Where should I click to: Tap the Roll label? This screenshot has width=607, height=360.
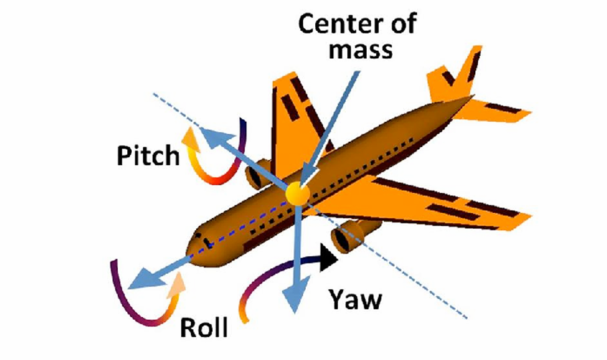point(203,327)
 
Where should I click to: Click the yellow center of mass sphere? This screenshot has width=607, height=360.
point(297,194)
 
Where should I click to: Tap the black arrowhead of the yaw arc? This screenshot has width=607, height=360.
point(327,257)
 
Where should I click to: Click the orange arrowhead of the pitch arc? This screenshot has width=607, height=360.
point(190,136)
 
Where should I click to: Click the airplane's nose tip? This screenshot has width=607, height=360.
point(191,245)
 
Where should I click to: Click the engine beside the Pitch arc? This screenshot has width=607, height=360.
point(257,175)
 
